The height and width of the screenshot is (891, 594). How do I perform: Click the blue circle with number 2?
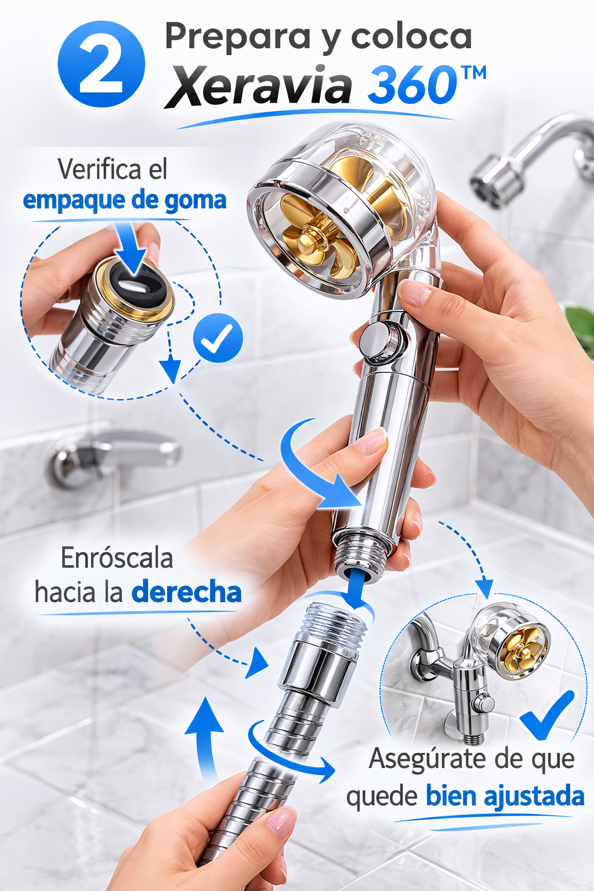[101, 64]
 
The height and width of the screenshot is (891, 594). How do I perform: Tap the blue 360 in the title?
[411, 85]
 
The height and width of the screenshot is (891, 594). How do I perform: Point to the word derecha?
[186, 592]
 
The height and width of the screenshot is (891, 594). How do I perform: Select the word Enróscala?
[117, 557]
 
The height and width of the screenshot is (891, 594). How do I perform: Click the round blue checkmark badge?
[218, 337]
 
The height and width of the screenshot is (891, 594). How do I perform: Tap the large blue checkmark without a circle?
[548, 715]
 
